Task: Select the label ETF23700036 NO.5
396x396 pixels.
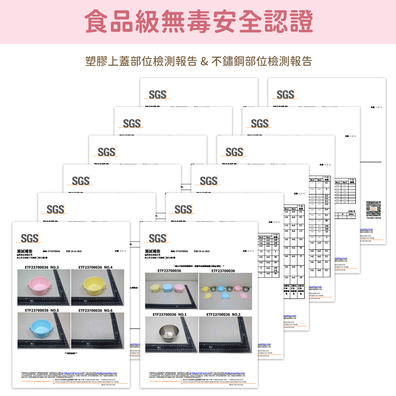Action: tap(41, 310)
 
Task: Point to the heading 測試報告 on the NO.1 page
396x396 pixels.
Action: tap(153, 251)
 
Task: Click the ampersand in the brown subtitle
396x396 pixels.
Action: tap(204, 61)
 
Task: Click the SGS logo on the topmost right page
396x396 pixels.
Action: tap(286, 95)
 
